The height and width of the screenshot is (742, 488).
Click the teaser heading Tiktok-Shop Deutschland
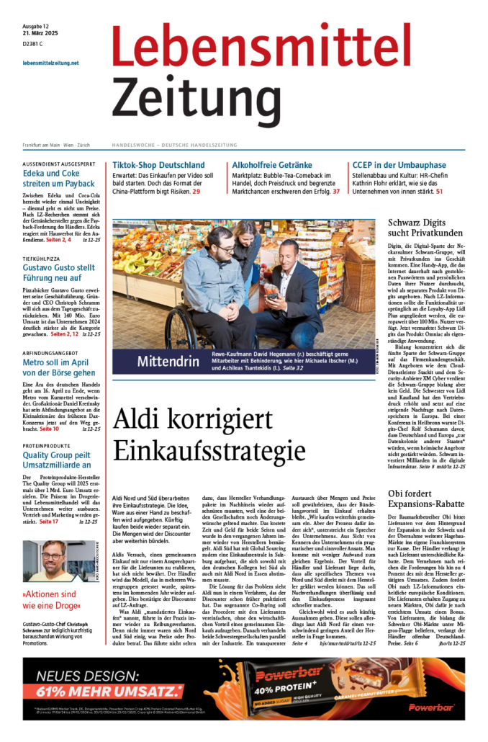click(163, 165)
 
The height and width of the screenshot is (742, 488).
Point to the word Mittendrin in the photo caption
click(168, 360)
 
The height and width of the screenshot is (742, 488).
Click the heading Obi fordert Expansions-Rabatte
click(426, 499)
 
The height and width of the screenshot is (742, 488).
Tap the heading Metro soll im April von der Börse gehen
click(58, 367)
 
